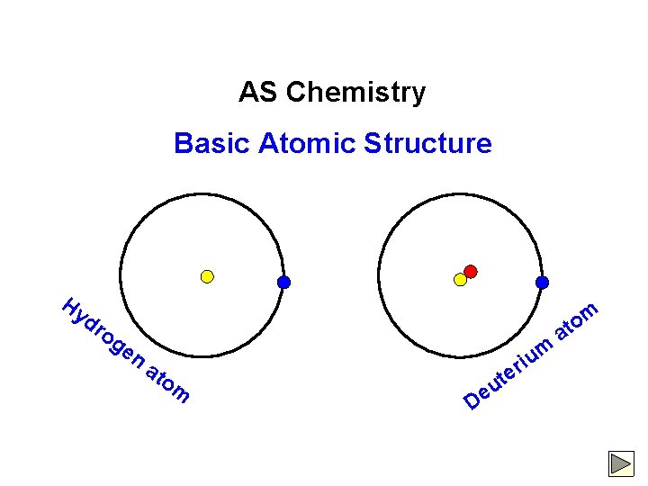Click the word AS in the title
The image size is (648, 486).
tap(253, 93)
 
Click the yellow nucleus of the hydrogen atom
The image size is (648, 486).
tap(207, 276)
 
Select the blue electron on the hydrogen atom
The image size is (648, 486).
tap(283, 282)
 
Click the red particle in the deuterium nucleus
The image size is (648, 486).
tap(470, 271)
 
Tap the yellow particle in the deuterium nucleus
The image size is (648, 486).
tap(461, 280)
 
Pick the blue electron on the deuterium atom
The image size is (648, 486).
tap(542, 282)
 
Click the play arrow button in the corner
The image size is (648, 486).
tap(621, 463)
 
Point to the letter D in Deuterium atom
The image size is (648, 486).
tap(472, 399)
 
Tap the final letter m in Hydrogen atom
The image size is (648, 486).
tap(180, 393)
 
